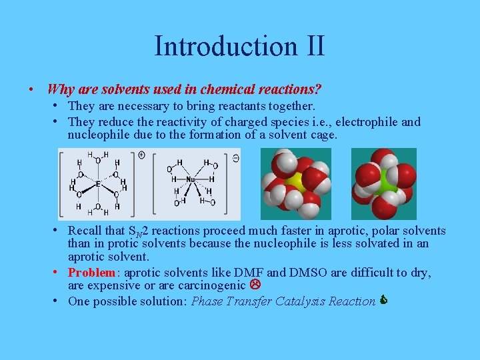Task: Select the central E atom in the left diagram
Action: coord(98,183)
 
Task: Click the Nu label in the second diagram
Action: coord(190,179)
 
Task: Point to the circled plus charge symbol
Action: coord(141,155)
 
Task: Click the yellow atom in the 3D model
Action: coord(294,183)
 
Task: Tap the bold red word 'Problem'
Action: coord(93,273)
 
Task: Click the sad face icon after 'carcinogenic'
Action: coord(254,285)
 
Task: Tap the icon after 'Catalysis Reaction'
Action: coord(383,301)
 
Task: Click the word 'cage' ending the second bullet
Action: coord(324,135)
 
